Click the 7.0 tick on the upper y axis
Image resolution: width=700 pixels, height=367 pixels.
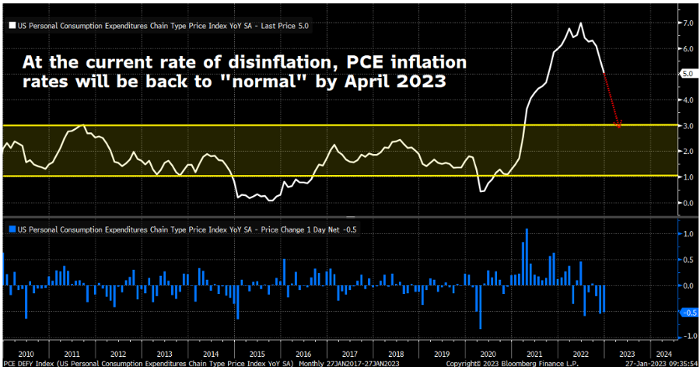click(x=688, y=23)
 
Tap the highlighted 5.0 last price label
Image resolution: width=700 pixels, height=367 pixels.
click(x=688, y=74)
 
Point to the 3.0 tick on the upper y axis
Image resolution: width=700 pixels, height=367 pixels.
click(x=688, y=125)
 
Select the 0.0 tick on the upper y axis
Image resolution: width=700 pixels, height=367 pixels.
click(x=688, y=202)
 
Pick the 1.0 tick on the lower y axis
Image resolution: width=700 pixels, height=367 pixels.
click(x=688, y=234)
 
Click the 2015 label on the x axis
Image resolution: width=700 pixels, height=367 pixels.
click(x=258, y=351)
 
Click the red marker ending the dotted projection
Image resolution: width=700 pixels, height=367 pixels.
click(x=618, y=124)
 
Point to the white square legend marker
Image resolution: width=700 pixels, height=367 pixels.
click(x=11, y=25)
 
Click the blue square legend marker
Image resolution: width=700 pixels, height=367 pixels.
click(x=11, y=229)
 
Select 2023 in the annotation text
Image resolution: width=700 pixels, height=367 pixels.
click(x=422, y=81)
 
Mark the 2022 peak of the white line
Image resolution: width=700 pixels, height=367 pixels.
click(x=580, y=23)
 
